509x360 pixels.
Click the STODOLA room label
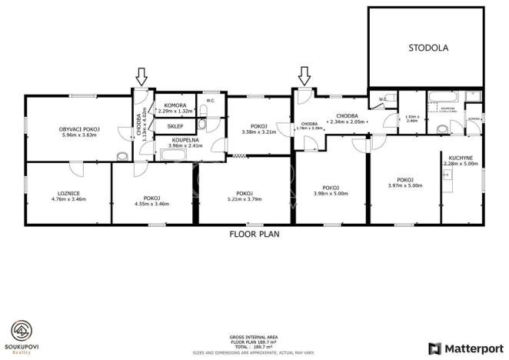[x=427, y=48]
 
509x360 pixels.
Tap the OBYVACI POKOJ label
[x=82, y=129]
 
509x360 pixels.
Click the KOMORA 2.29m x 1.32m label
[x=175, y=108]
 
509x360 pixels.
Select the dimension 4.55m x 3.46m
[x=151, y=203]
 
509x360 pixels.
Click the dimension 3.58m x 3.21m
[x=259, y=132]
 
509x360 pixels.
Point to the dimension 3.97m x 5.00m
[x=405, y=185]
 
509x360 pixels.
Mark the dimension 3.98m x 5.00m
[x=331, y=193]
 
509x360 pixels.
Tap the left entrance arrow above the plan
[x=141, y=76]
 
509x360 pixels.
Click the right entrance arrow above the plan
[x=304, y=75]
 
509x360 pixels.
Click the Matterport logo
[x=465, y=348]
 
